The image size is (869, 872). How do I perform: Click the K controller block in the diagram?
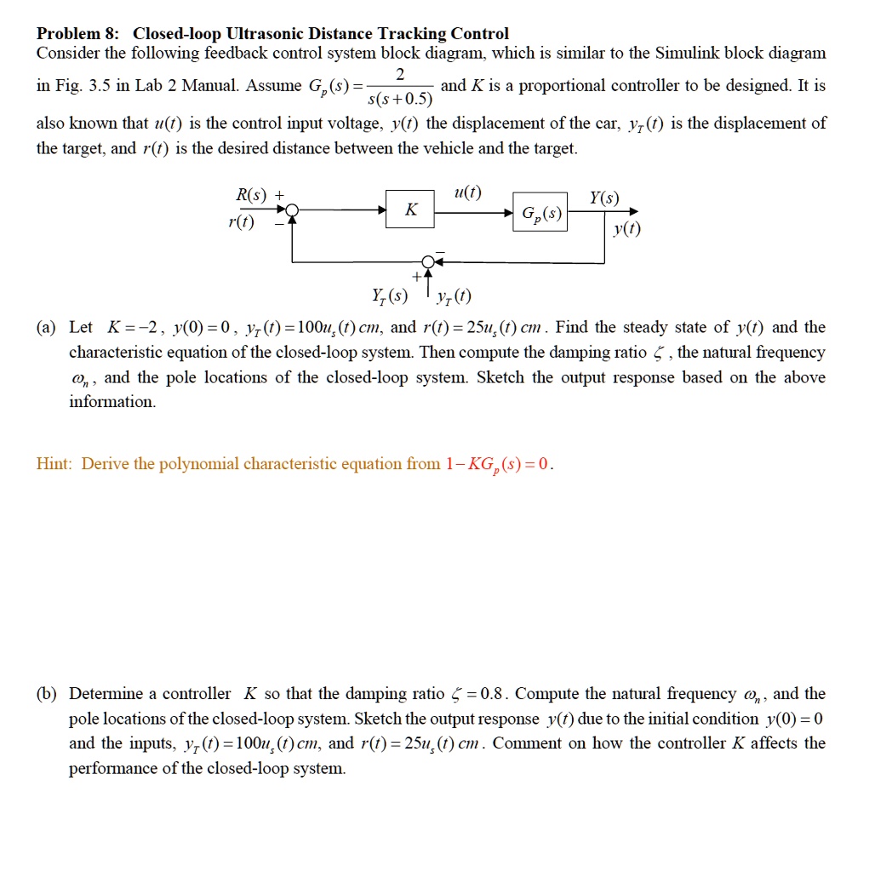(411, 210)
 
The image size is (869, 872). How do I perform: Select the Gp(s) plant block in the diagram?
(540, 212)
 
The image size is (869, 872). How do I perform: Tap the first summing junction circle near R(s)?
(292, 210)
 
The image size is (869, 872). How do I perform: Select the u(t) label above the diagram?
(468, 192)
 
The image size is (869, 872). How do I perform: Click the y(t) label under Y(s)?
(627, 231)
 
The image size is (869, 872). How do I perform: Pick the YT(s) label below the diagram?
(390, 297)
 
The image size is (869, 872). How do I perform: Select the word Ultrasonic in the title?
(261, 34)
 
